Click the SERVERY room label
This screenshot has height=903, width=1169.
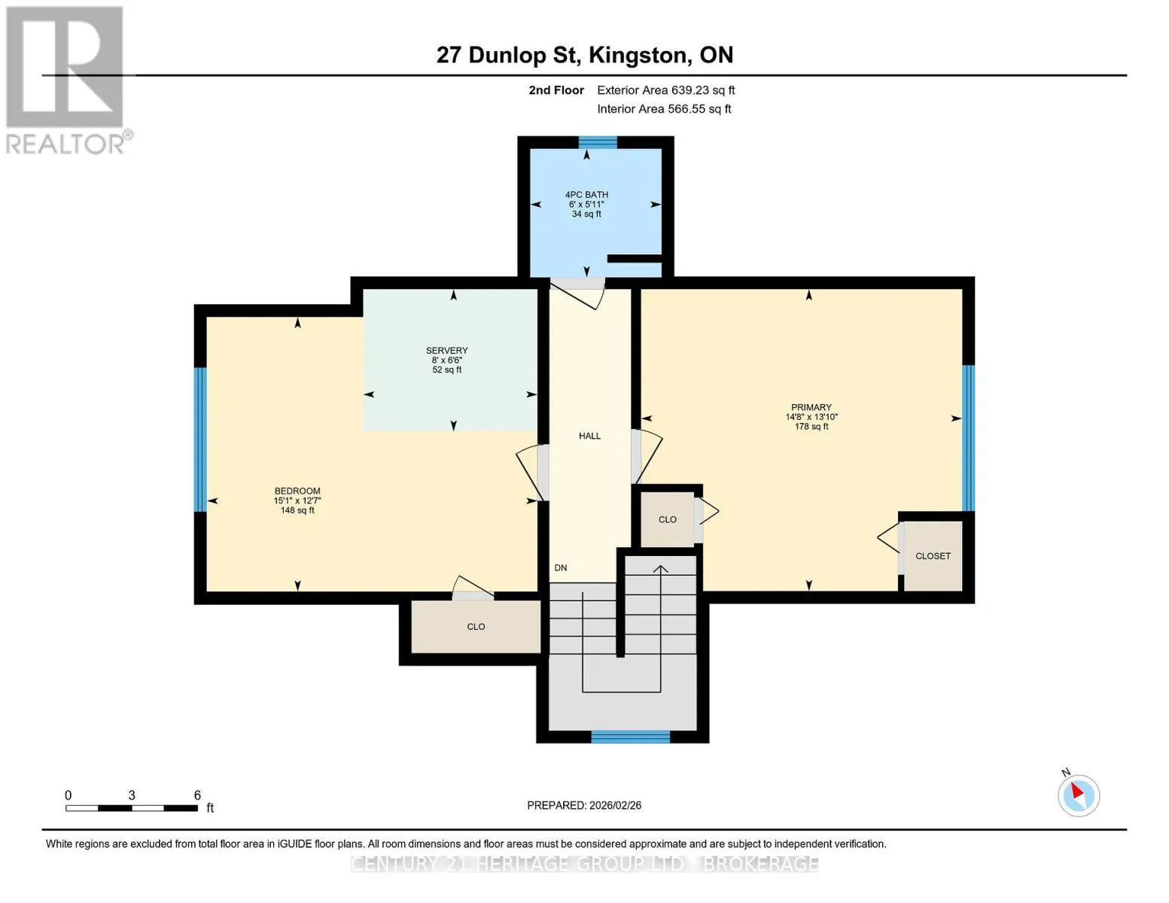point(446,350)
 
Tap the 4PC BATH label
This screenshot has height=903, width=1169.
point(586,195)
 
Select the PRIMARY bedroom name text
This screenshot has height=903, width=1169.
point(811,407)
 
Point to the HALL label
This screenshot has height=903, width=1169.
point(589,436)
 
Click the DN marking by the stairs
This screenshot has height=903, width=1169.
point(561,567)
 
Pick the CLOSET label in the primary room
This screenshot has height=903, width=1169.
point(933,555)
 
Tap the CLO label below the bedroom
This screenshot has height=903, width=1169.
point(476,627)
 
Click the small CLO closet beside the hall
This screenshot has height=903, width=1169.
point(668,519)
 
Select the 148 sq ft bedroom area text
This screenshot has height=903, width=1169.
point(297,510)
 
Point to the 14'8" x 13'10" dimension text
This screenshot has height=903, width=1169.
point(811,417)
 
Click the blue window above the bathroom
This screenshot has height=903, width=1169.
point(598,142)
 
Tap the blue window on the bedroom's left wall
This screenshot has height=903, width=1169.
point(200,439)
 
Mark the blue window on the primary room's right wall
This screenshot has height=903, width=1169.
point(968,438)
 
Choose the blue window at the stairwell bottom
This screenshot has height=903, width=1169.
point(631,737)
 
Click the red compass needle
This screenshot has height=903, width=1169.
point(1076,791)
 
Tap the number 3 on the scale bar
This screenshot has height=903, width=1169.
point(131,795)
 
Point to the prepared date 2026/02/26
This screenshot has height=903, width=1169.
point(615,805)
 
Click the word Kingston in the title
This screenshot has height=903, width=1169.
point(640,56)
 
